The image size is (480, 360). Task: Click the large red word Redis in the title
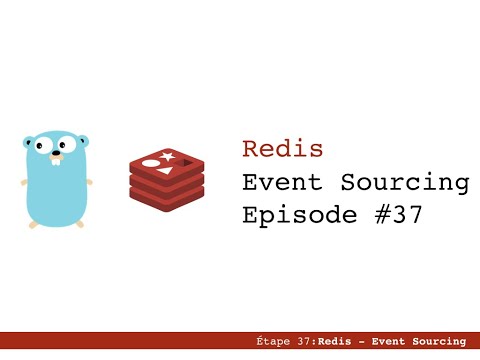283,149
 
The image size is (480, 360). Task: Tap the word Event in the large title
283,182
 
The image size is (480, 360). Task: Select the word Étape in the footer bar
273,342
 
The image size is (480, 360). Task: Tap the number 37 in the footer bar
304,342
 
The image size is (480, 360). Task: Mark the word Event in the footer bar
387,342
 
